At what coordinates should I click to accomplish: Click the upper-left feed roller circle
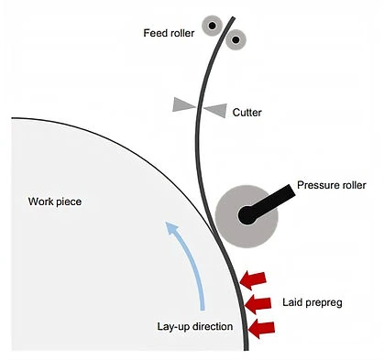(213, 26)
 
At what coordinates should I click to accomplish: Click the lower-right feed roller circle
(236, 39)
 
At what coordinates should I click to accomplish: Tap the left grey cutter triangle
(183, 104)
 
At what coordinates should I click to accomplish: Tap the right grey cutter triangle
(216, 110)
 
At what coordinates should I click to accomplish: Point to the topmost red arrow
(253, 280)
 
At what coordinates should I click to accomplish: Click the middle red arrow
(258, 304)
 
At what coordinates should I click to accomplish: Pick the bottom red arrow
(261, 329)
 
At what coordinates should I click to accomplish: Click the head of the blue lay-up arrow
(171, 229)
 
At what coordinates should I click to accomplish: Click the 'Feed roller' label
(169, 33)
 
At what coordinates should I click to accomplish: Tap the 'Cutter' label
(247, 113)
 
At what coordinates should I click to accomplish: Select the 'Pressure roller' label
(332, 185)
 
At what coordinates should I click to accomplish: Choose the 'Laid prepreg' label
(313, 302)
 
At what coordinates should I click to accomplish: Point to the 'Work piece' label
(55, 202)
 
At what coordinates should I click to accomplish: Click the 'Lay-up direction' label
(195, 326)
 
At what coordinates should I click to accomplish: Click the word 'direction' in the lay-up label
(213, 326)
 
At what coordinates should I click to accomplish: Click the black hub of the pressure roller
(247, 215)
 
